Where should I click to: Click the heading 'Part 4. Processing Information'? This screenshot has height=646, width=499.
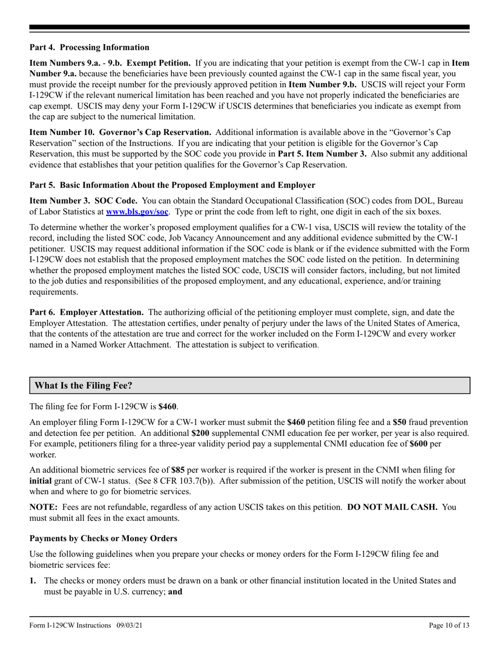89,47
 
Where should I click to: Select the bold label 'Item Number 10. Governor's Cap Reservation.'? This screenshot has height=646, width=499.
120,132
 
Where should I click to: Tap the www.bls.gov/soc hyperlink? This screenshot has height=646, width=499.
137,212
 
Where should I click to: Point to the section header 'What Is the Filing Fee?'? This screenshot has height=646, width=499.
84,385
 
